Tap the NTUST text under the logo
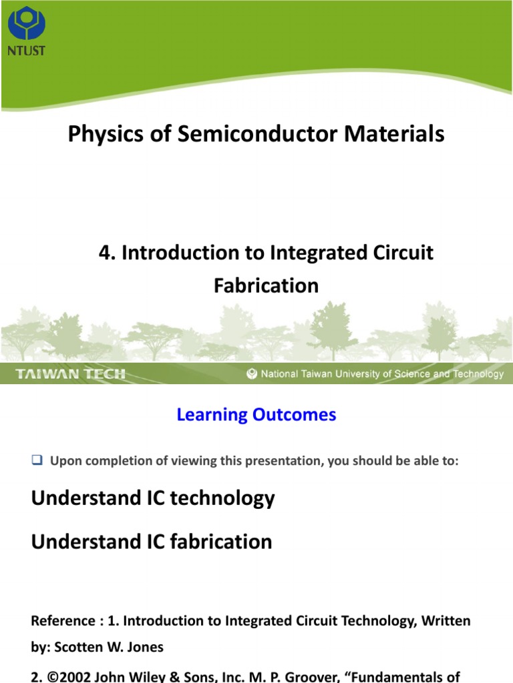tap(26, 51)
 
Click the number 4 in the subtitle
tap(104, 253)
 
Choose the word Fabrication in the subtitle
tap(266, 285)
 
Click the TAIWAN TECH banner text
tap(71, 374)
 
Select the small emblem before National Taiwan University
tap(252, 374)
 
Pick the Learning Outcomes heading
tap(256, 415)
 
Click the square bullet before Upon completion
tap(37, 460)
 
